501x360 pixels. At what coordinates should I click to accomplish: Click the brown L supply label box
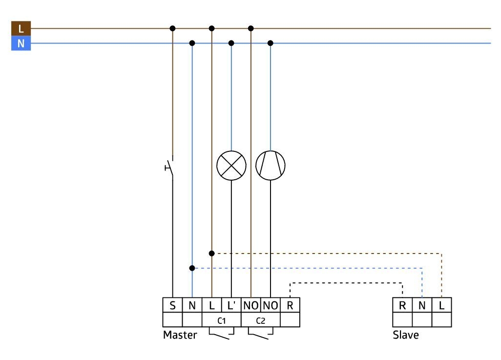(x=21, y=28)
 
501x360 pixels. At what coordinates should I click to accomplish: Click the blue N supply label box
(x=21, y=43)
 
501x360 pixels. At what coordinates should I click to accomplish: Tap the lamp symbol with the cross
(x=231, y=166)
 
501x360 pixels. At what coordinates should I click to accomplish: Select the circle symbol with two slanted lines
(x=271, y=166)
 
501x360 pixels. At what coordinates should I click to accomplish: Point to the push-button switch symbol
(x=169, y=167)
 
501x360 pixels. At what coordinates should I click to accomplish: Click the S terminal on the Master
(x=172, y=305)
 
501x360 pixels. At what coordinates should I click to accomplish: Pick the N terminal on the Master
(x=192, y=305)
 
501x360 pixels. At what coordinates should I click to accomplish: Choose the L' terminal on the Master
(x=231, y=305)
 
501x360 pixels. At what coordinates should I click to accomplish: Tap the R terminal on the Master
(x=290, y=305)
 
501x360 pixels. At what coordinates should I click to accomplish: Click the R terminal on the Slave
(x=402, y=305)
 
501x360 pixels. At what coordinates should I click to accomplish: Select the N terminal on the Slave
(x=422, y=305)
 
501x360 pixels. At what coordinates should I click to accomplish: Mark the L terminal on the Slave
(x=441, y=305)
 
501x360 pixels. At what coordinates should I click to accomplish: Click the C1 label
(x=221, y=320)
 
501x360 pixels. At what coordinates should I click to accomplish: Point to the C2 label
(x=261, y=320)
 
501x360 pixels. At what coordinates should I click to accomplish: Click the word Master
(x=180, y=335)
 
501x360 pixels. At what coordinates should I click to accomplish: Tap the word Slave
(x=406, y=335)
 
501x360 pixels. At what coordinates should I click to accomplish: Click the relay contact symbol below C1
(x=221, y=334)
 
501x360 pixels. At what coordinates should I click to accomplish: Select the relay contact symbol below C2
(x=261, y=334)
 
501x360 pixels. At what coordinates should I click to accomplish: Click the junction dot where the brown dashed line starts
(x=211, y=254)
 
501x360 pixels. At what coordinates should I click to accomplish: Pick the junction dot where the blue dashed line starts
(x=192, y=268)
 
